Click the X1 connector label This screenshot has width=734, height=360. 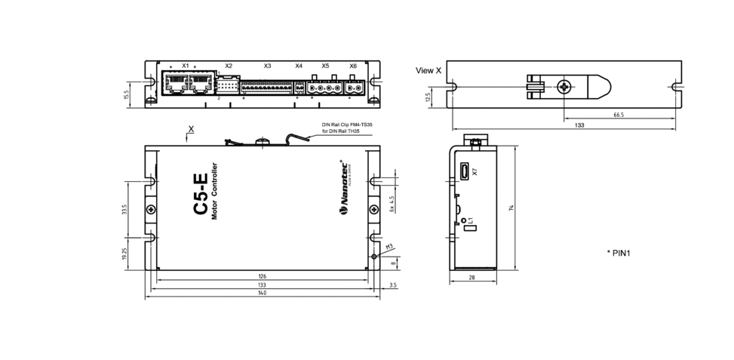pos(186,66)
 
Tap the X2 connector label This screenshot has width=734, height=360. pos(229,66)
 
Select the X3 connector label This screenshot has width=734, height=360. pos(267,66)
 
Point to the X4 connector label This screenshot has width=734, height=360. pos(299,66)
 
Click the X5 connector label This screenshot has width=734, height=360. pos(325,66)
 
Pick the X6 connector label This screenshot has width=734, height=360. pos(353,66)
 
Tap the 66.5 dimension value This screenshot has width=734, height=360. pos(618,115)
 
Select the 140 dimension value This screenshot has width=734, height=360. pos(262,293)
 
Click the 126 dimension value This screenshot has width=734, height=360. pos(262,276)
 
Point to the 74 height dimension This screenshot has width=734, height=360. pos(511,208)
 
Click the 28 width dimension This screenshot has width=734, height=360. pos(472,278)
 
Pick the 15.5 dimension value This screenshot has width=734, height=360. pos(127,95)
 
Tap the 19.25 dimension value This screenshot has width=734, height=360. pos(124,255)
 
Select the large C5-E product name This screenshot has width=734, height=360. pos(201,195)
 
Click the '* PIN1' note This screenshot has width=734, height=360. pos(618,253)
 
